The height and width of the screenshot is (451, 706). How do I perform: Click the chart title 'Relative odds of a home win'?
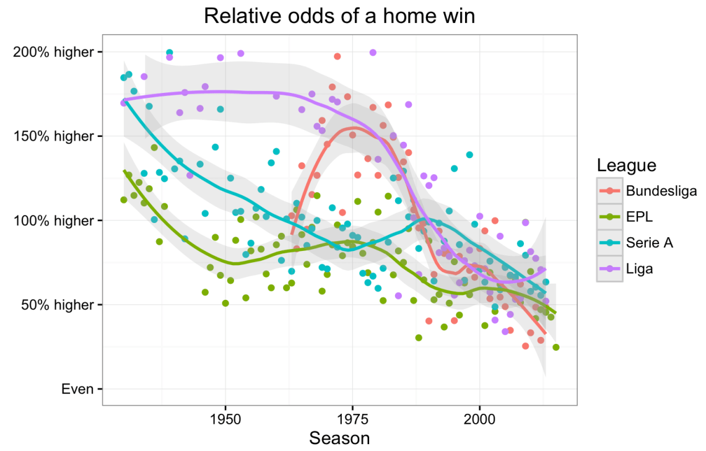coord(339,16)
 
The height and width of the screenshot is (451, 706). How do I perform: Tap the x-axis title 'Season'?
coord(339,438)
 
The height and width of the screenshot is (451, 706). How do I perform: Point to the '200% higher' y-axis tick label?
coord(54,51)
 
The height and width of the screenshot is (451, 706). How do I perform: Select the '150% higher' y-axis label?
coord(54,136)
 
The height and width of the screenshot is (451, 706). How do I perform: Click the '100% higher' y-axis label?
coord(54,221)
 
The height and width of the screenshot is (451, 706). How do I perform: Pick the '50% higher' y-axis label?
coord(58,305)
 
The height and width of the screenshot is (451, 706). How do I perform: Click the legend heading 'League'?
coord(626,165)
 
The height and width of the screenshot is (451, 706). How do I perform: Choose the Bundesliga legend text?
coord(661,190)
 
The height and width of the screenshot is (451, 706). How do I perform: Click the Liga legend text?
coord(639,268)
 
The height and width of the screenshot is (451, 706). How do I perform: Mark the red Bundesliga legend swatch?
coord(609,190)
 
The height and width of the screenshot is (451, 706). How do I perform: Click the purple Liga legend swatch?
coord(609,268)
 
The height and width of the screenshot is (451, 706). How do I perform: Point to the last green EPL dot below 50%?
coord(556,348)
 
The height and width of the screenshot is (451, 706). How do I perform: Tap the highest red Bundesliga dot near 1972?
coord(337,56)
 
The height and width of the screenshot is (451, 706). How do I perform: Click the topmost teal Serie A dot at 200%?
coord(170,53)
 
